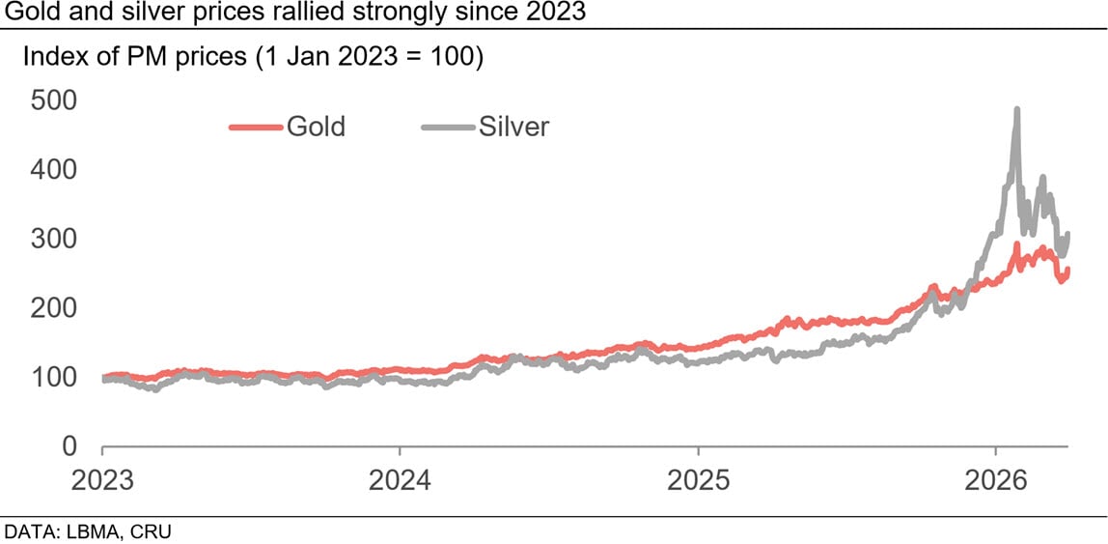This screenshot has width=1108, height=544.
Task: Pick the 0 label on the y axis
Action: coord(69,447)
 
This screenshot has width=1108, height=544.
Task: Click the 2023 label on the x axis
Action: coord(102,480)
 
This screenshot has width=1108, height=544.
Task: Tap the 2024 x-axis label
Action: coord(400,480)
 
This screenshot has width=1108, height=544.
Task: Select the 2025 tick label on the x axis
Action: coord(698,480)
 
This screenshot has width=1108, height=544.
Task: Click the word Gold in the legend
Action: coord(315,127)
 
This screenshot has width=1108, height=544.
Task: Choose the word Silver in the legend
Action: coord(513,127)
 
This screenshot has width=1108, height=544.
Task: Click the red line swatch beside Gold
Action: coord(255,127)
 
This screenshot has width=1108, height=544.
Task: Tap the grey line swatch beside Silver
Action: coord(448,127)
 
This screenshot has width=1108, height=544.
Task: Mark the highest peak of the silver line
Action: coord(1016,109)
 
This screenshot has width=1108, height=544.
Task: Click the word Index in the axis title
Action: coord(50,57)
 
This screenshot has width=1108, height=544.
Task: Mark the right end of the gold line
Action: coord(1066,270)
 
